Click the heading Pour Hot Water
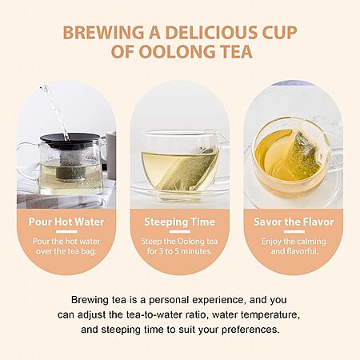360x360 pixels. coord(66,222)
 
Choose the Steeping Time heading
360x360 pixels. coord(180,222)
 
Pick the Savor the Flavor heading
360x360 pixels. coord(294,222)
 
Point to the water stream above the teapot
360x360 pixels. coord(55,112)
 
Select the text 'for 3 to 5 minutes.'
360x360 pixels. coord(180,251)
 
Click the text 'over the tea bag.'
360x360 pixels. coord(66,251)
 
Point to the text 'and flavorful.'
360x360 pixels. coord(294,251)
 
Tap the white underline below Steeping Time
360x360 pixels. coord(180,232)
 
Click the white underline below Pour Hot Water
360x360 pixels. coord(66,232)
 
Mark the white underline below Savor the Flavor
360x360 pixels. coord(294,232)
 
